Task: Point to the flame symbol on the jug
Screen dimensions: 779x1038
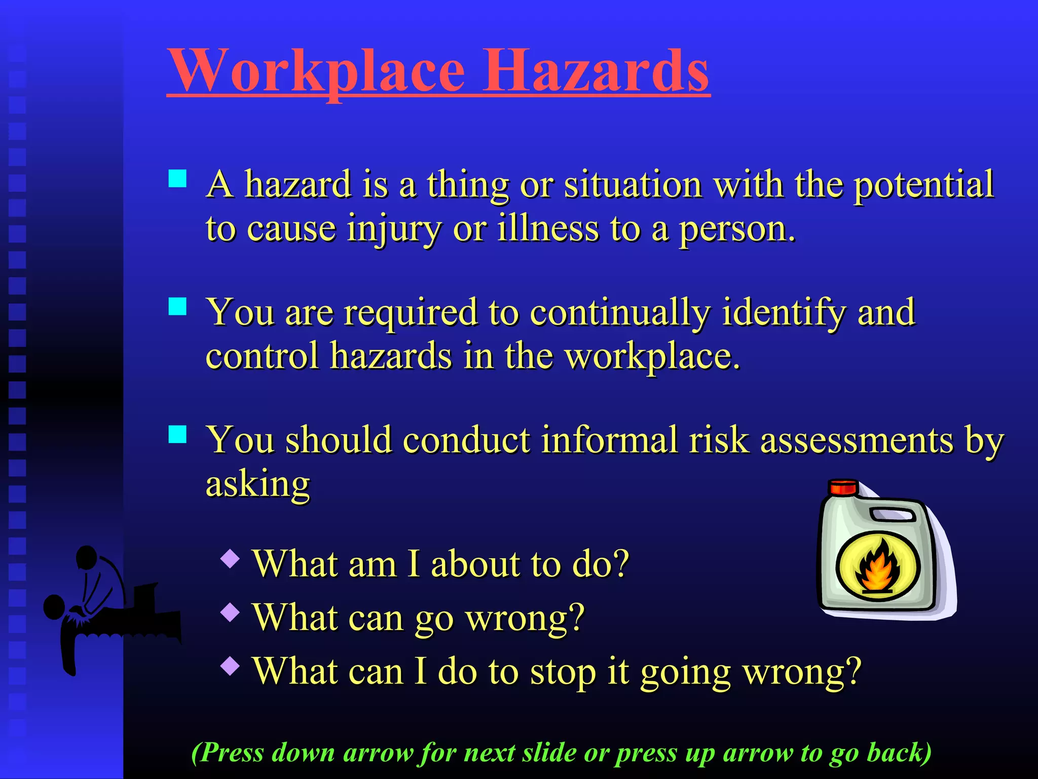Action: point(877,567)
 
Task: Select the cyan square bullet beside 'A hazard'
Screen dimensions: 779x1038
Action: point(177,179)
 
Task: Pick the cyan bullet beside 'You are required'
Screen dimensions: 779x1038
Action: point(177,306)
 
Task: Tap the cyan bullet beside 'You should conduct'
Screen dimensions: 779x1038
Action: point(177,434)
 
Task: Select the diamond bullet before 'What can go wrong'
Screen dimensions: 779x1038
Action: point(231,612)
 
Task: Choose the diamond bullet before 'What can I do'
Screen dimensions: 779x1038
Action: point(231,665)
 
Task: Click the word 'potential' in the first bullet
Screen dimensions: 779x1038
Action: point(923,185)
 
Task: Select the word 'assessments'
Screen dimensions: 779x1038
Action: point(857,440)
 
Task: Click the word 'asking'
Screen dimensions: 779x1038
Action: point(257,485)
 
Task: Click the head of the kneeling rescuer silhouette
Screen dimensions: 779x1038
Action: point(86,556)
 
